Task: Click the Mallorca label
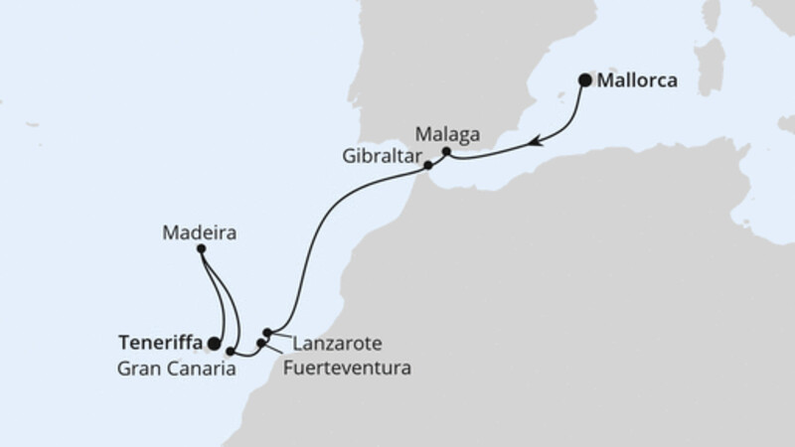pos(637,81)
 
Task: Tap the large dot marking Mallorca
pos(585,80)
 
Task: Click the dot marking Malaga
pos(446,152)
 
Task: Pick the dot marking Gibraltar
pos(428,166)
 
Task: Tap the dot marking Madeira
pos(201,248)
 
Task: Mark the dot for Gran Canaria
pos(231,351)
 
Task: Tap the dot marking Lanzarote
pos(267,333)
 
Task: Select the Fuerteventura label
pos(346,367)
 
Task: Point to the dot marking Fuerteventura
pos(261,343)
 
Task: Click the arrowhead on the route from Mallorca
pos(536,142)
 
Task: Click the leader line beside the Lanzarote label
pos(282,338)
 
